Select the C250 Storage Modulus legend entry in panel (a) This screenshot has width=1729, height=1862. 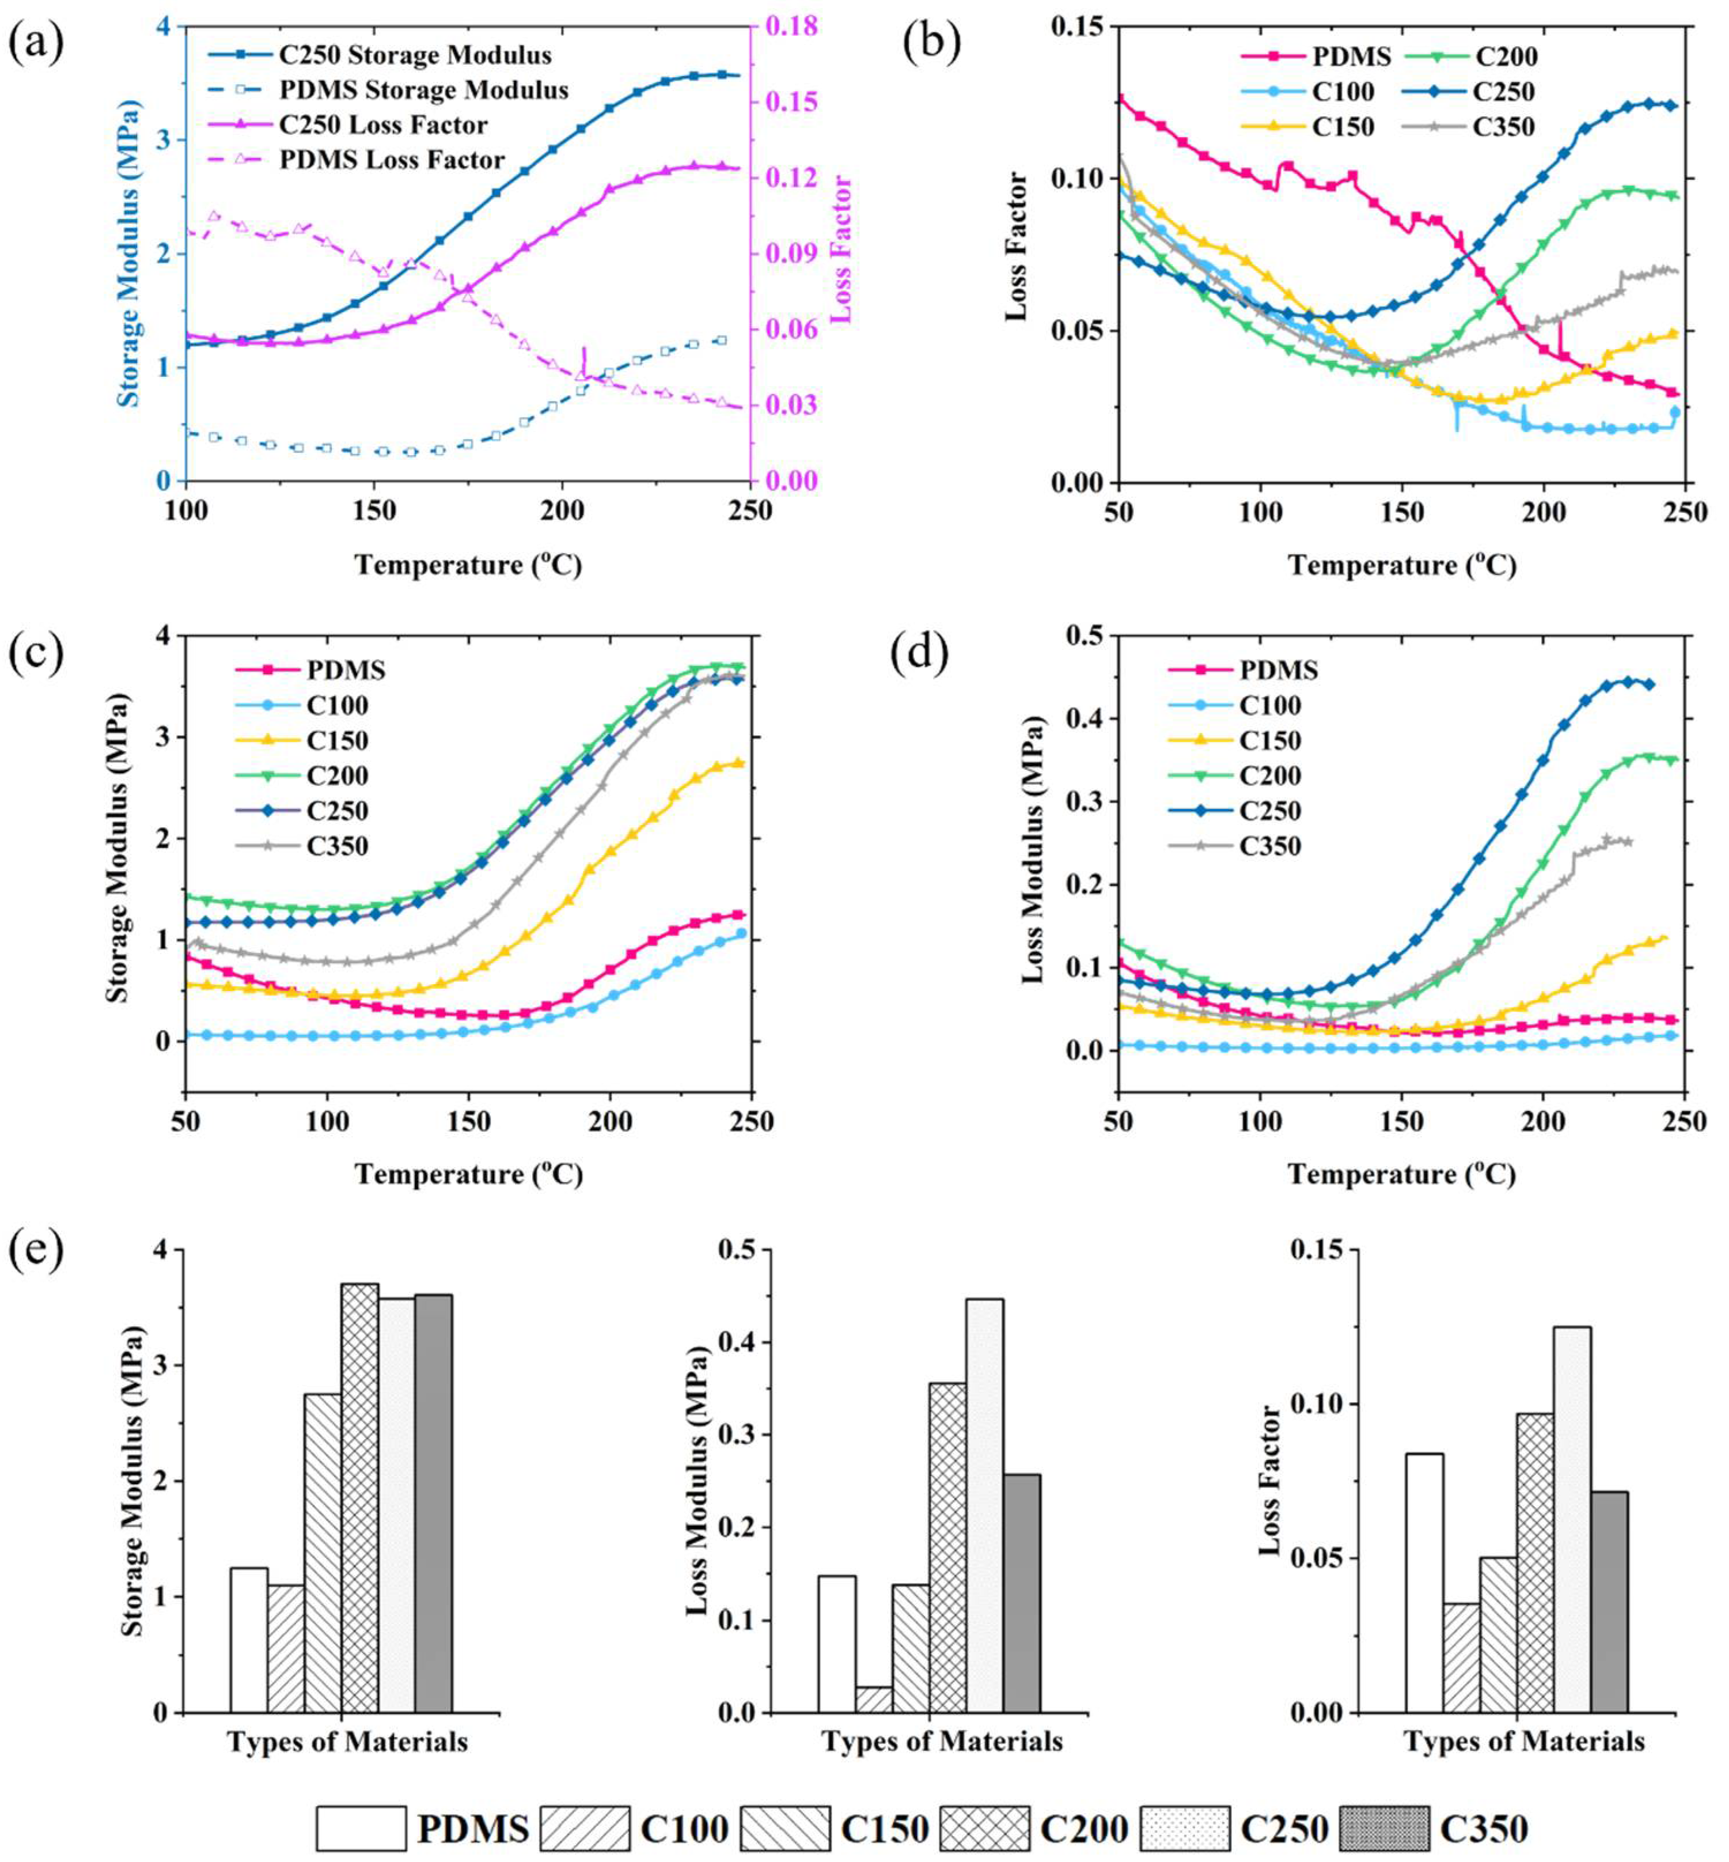click(415, 55)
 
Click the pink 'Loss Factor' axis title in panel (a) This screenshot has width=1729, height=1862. click(841, 250)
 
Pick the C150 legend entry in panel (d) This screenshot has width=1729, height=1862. click(1269, 741)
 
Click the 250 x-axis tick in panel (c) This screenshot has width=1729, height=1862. click(752, 1121)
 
